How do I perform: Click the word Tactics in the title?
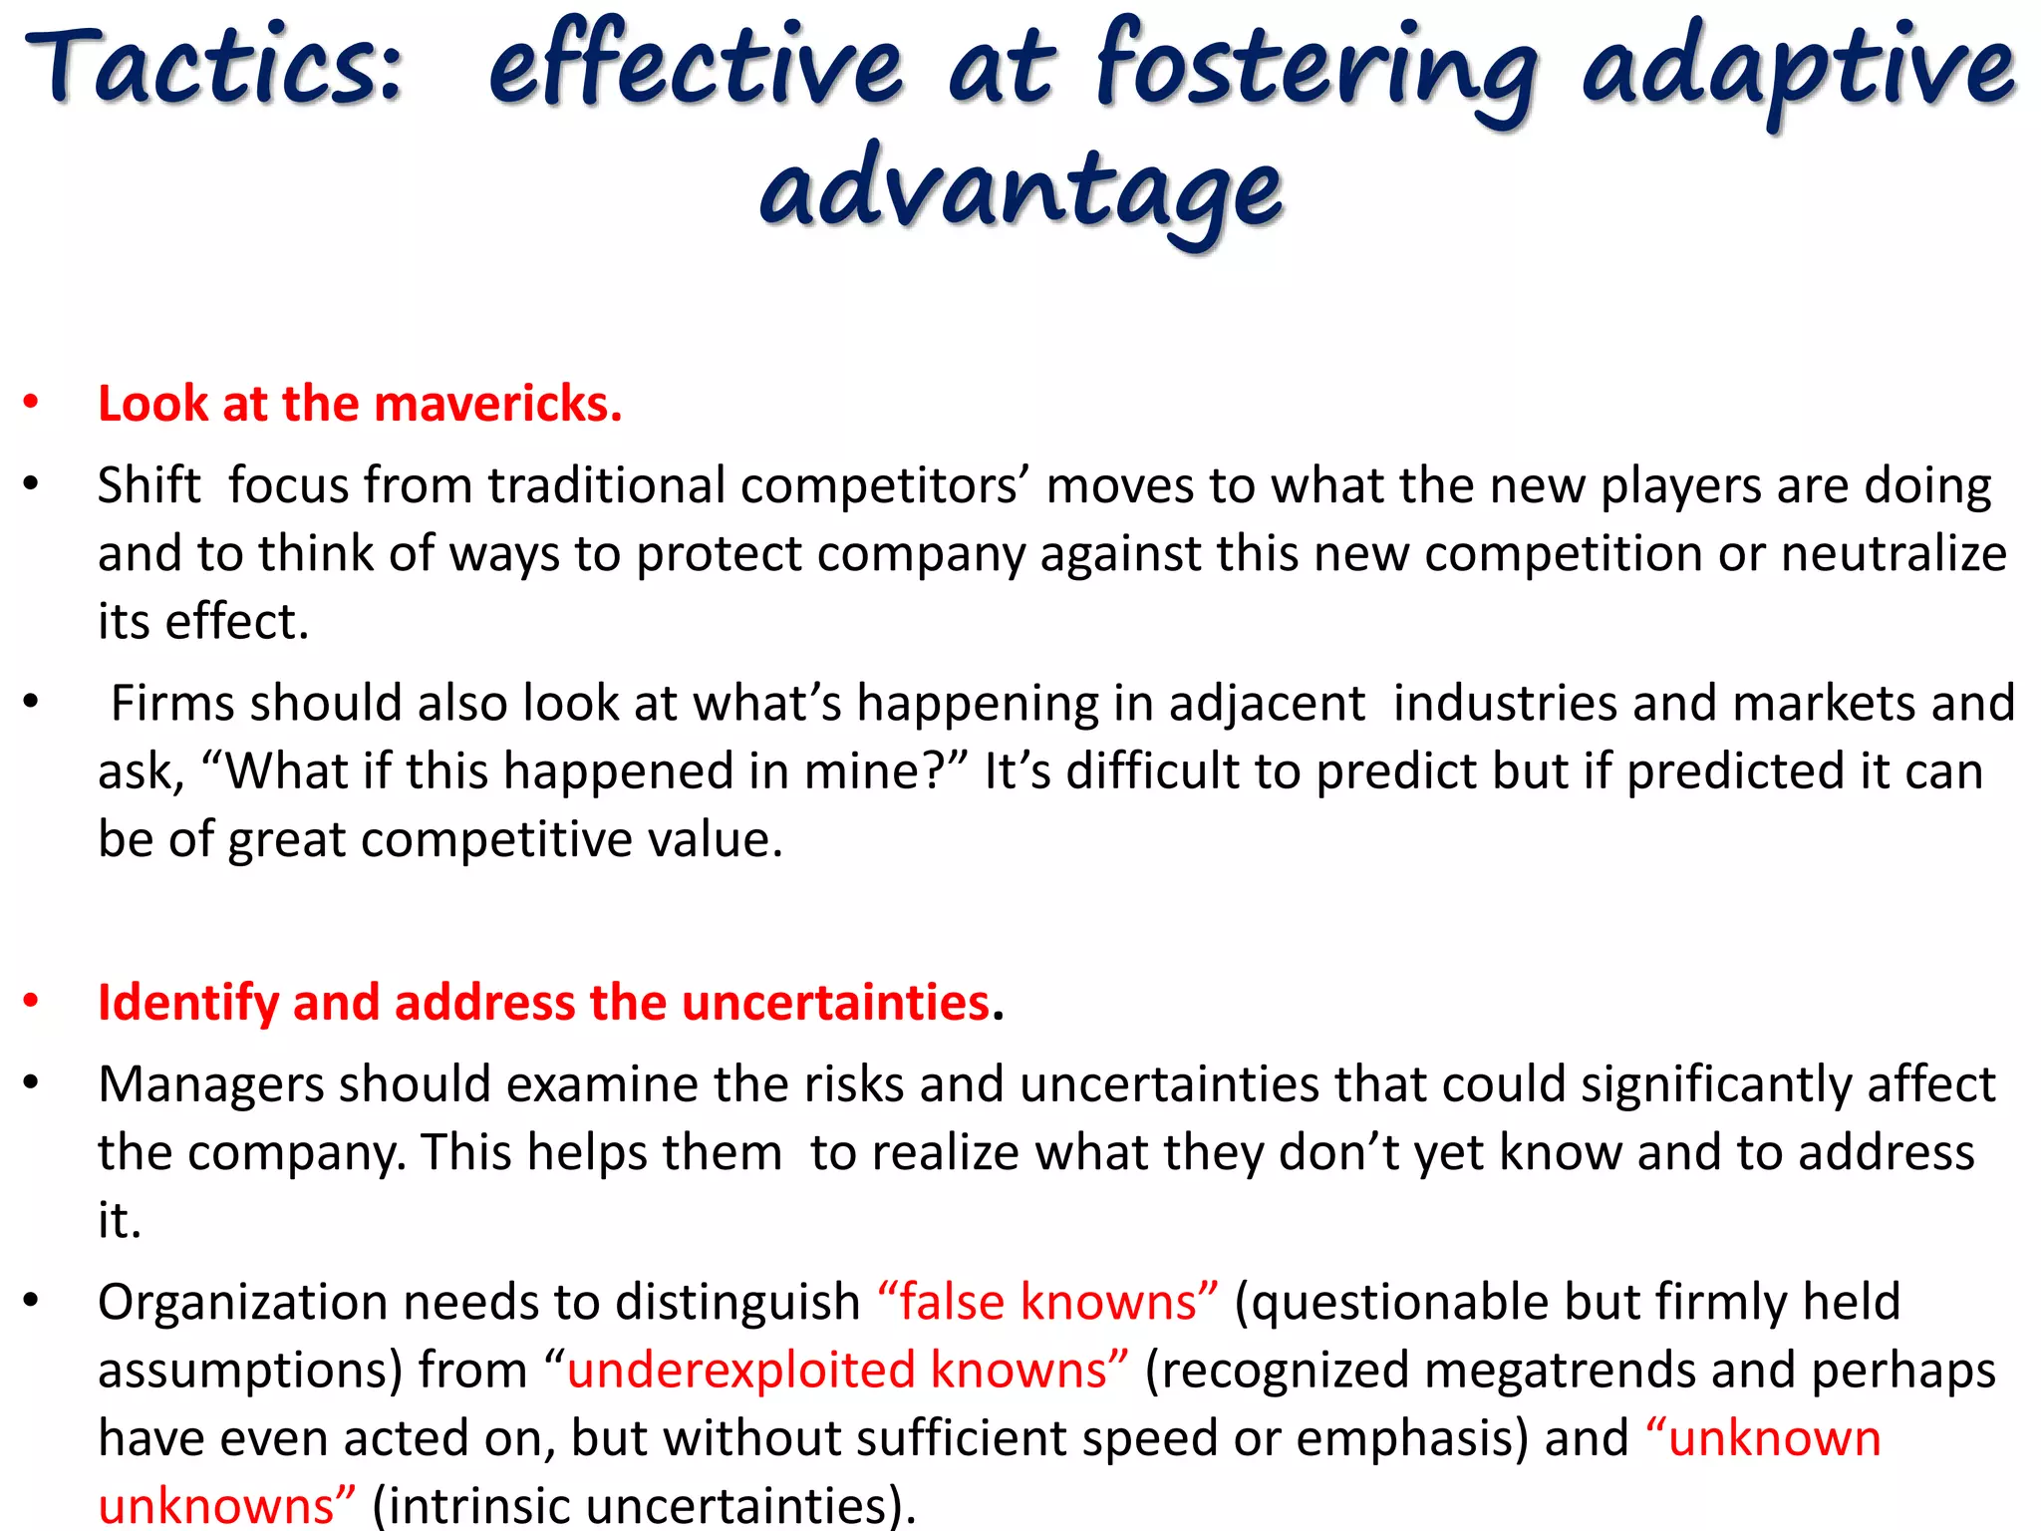[x=214, y=65]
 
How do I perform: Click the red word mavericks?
[x=497, y=404]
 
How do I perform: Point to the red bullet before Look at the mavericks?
[x=32, y=403]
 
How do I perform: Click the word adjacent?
[x=1267, y=703]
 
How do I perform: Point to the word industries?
[x=1505, y=703]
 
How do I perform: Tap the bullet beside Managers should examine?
[x=32, y=1082]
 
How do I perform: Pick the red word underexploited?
[x=741, y=1371]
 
